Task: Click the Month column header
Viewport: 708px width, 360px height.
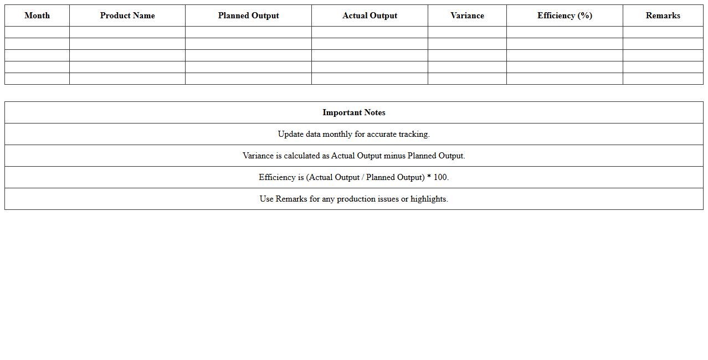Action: point(37,16)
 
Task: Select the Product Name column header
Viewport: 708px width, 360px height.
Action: point(127,16)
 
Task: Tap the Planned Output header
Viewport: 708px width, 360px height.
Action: point(248,16)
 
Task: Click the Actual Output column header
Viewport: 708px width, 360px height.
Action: point(370,16)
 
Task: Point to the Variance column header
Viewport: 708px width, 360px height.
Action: point(467,16)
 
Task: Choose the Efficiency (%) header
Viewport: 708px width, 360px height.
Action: point(565,16)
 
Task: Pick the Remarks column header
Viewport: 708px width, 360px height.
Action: point(663,16)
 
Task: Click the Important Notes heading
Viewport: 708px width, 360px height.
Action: point(354,112)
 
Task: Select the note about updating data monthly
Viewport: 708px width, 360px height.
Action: point(354,134)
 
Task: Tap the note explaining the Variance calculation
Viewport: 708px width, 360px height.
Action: point(354,156)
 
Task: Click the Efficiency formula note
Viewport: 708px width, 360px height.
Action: point(354,177)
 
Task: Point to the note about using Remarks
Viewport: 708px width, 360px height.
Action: point(354,199)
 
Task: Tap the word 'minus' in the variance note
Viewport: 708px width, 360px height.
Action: point(394,156)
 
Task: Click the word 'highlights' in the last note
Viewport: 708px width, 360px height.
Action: point(428,199)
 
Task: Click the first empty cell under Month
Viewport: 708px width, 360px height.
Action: point(37,32)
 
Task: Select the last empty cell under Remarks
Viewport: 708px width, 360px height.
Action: point(663,79)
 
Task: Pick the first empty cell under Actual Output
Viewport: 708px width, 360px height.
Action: point(370,32)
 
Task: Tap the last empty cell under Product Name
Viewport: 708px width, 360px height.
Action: point(127,79)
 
